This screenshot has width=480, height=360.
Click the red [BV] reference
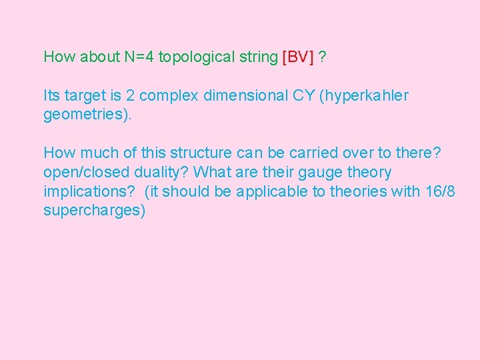(x=298, y=57)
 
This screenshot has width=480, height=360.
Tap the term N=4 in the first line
(x=139, y=57)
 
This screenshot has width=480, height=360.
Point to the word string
(x=255, y=57)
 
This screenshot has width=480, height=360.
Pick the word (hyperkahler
(x=364, y=95)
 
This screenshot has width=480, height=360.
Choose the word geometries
(x=87, y=115)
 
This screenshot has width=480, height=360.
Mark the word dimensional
(x=245, y=95)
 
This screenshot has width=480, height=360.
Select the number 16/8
(x=439, y=192)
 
